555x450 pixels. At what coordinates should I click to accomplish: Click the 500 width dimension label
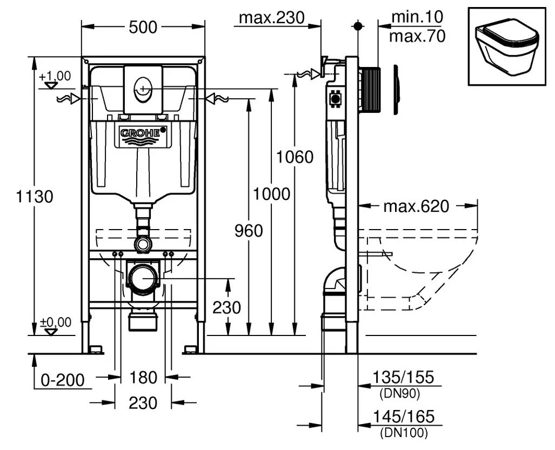click(x=143, y=26)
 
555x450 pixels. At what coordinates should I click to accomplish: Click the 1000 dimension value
click(x=271, y=194)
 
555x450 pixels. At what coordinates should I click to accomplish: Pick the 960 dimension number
click(x=248, y=231)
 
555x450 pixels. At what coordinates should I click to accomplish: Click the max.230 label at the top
click(x=271, y=18)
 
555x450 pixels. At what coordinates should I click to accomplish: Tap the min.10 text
click(x=417, y=17)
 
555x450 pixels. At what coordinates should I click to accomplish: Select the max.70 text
click(x=417, y=36)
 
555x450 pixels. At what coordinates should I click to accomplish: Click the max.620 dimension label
click(x=416, y=206)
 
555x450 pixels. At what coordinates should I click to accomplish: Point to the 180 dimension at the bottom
click(x=143, y=377)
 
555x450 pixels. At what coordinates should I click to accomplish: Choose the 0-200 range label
click(x=63, y=380)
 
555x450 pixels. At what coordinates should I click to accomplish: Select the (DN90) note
click(x=400, y=394)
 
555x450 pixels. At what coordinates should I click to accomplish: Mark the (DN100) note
click(x=403, y=432)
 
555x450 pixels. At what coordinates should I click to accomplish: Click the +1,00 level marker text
click(x=55, y=76)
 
